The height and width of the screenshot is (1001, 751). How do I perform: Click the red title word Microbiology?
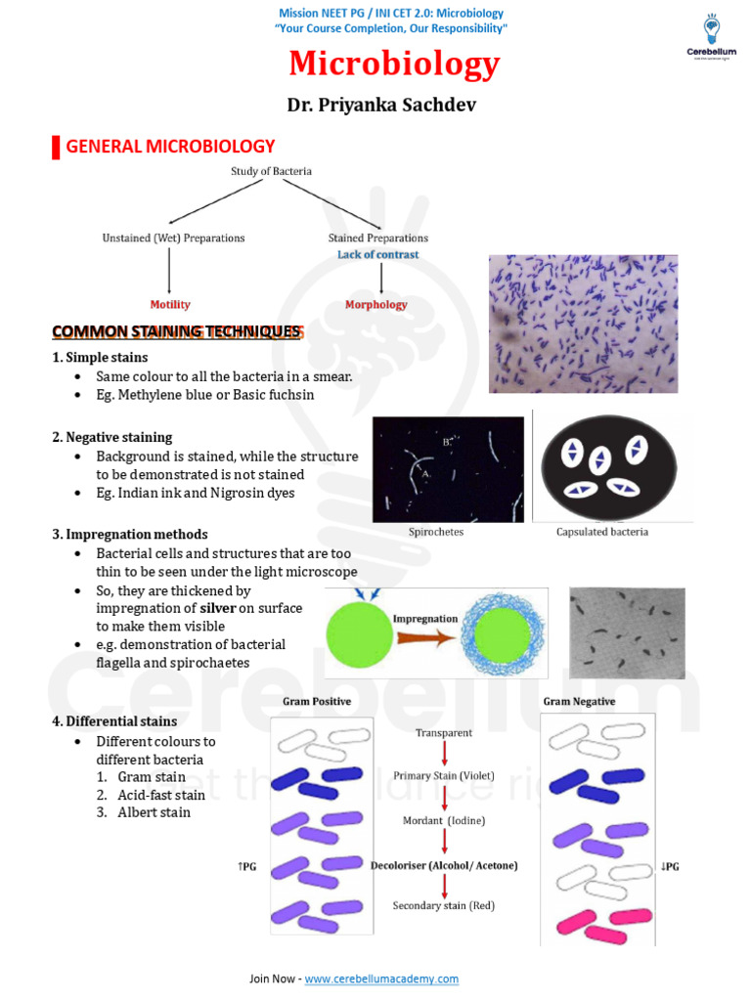[394, 65]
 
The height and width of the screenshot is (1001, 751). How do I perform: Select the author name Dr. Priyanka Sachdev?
[380, 105]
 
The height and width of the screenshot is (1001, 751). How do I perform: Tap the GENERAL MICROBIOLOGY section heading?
[170, 147]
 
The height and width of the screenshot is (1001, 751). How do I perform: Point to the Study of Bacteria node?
[272, 171]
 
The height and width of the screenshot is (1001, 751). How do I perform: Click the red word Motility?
[170, 304]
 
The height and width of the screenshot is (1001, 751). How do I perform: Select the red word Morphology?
[375, 304]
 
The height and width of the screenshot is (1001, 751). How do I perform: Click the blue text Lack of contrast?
[377, 254]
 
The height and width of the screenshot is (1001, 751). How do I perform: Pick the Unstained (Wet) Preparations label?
[174, 238]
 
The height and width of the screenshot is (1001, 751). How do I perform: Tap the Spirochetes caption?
[436, 532]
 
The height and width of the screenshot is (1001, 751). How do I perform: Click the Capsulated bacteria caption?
[601, 532]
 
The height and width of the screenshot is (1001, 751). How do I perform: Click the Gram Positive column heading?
[316, 702]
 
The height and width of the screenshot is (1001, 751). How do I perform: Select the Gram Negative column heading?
[579, 702]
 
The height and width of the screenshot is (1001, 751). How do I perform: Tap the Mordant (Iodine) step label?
[444, 821]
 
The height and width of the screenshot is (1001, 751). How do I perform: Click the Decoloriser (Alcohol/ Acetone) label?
[444, 865]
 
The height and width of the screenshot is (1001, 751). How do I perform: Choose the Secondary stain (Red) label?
[444, 906]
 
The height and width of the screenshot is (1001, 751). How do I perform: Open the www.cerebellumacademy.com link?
[380, 979]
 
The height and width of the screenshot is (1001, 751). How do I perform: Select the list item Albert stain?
[154, 812]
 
